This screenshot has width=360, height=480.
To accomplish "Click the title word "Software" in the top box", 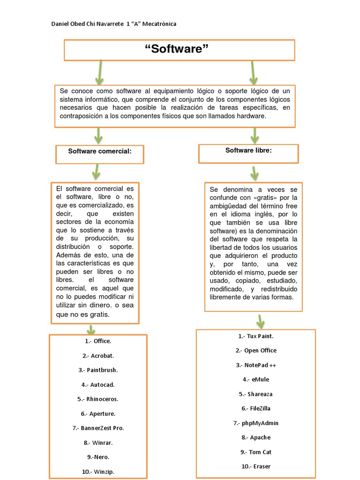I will [x=179, y=49].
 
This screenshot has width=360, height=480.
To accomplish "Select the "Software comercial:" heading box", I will [x=99, y=151].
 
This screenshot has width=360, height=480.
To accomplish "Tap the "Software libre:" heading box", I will [x=248, y=150].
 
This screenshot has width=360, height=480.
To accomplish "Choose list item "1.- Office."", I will [x=98, y=341].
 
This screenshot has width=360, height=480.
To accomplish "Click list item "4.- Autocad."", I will [x=98, y=384].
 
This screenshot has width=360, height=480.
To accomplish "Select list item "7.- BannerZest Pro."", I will [x=98, y=428].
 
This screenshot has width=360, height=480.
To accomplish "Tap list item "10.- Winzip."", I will [x=98, y=472].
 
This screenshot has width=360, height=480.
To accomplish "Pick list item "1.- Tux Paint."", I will [x=255, y=336].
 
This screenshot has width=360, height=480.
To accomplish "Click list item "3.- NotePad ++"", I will [x=255, y=365].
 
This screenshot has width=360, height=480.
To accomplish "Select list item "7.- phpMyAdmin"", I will [x=255, y=423].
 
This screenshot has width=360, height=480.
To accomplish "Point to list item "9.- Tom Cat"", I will [x=255, y=452].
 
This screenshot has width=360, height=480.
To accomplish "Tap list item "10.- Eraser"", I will [x=255, y=466].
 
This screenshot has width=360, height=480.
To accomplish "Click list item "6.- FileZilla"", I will [x=255, y=408].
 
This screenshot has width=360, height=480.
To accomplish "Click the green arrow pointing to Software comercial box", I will [x=98, y=135].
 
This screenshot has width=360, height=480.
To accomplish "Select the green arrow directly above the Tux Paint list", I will [x=261, y=321].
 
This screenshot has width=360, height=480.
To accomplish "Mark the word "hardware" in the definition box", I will [x=251, y=116].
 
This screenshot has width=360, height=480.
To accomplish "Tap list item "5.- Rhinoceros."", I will [x=98, y=399].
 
